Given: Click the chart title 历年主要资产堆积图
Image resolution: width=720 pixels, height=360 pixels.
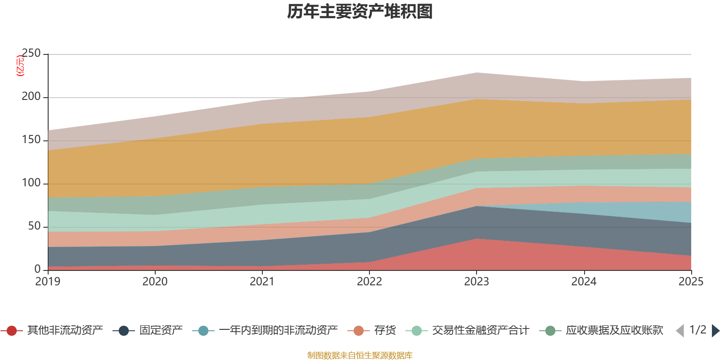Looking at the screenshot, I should (360, 12).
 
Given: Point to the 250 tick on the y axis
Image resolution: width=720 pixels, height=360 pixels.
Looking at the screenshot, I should (31, 54).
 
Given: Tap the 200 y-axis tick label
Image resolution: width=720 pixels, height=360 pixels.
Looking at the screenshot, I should (31, 97).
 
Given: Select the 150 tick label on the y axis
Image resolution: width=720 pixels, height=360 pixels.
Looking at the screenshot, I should (31, 140).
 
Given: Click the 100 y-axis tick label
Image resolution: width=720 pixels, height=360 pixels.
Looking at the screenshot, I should (31, 183).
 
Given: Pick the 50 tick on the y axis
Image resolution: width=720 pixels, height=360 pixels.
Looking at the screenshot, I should (34, 226).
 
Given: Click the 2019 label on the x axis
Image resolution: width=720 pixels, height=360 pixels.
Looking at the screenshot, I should (48, 282).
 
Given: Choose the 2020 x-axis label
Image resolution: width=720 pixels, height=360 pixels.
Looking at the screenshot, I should (155, 282).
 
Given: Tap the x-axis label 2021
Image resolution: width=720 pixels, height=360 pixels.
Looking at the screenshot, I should (262, 282).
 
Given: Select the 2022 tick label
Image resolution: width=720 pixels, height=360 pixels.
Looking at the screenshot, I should (369, 282).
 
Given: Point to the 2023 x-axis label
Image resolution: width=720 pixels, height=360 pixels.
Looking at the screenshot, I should (477, 282).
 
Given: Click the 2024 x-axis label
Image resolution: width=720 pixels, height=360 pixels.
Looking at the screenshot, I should (584, 282).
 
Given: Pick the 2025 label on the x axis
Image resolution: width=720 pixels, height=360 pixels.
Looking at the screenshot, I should (691, 282).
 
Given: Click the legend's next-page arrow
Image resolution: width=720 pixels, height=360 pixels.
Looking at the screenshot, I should (715, 331).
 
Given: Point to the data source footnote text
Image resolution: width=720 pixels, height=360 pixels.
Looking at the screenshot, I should (360, 355).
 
